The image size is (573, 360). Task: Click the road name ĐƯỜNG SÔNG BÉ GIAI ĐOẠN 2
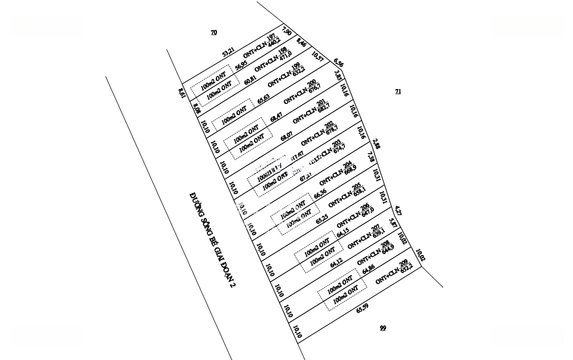click(212, 240)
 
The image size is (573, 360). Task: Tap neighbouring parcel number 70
click(214, 32)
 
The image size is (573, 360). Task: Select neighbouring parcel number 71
click(398, 91)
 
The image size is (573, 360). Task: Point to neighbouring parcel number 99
click(383, 328)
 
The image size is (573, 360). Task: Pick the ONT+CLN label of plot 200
click(302, 93)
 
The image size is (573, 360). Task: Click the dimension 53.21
click(228, 52)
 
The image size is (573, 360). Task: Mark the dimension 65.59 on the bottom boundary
click(362, 308)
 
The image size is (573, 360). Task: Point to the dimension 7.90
click(287, 31)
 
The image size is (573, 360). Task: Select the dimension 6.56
click(338, 63)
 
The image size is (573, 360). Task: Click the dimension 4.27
click(398, 211)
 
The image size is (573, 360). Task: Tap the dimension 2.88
click(376, 144)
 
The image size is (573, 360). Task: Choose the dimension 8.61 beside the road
click(181, 93)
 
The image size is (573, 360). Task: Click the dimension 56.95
click(241, 65)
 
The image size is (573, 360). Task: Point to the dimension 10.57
click(317, 56)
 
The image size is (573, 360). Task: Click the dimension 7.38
click(371, 157)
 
